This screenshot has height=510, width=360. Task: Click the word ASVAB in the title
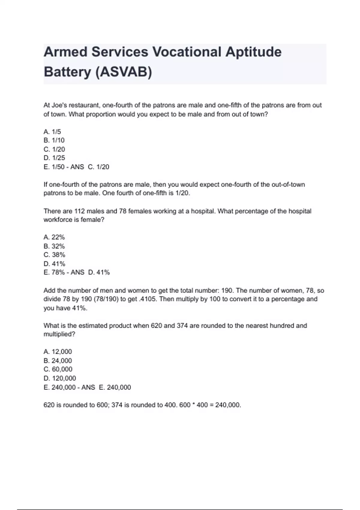pos(124,72)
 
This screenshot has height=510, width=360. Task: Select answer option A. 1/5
pos(52,132)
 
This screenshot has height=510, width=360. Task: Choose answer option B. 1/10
pos(54,140)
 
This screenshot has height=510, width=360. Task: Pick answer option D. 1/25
pos(54,158)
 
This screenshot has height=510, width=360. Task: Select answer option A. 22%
pos(54,237)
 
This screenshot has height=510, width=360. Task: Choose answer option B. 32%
pos(54,246)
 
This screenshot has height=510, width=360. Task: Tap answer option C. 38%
pos(54,255)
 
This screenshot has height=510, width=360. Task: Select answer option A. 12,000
pos(58,352)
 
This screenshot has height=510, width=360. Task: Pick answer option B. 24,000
pos(58,361)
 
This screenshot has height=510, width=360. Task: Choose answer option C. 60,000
pos(58,369)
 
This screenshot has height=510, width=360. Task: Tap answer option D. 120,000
pos(60,378)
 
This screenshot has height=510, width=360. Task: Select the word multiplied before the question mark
pos(58,334)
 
